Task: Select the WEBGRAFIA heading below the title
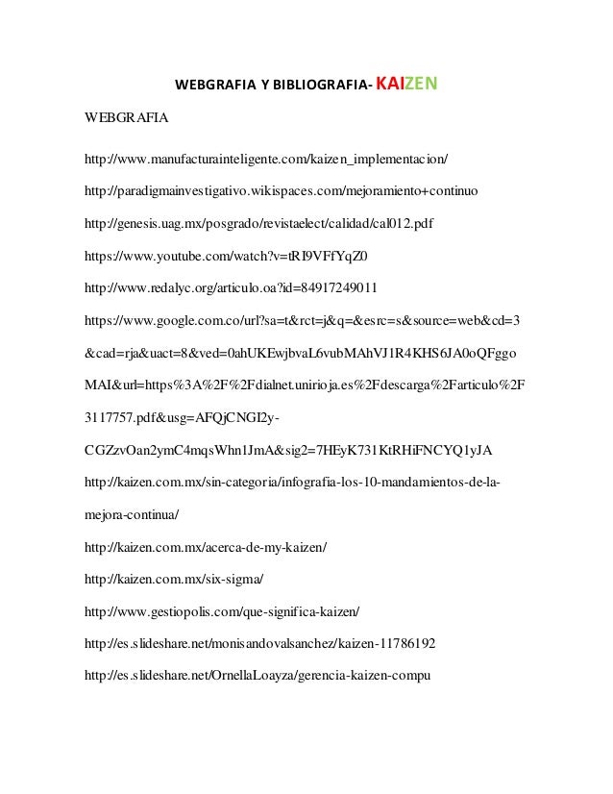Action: pos(126,120)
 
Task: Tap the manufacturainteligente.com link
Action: pos(266,157)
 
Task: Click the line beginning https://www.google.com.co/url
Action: pos(303,320)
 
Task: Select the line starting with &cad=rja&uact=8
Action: pos(302,354)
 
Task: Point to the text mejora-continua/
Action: pos(132,515)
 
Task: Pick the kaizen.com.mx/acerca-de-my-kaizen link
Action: pos(206,548)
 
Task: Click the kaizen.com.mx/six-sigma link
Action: pos(174,581)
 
